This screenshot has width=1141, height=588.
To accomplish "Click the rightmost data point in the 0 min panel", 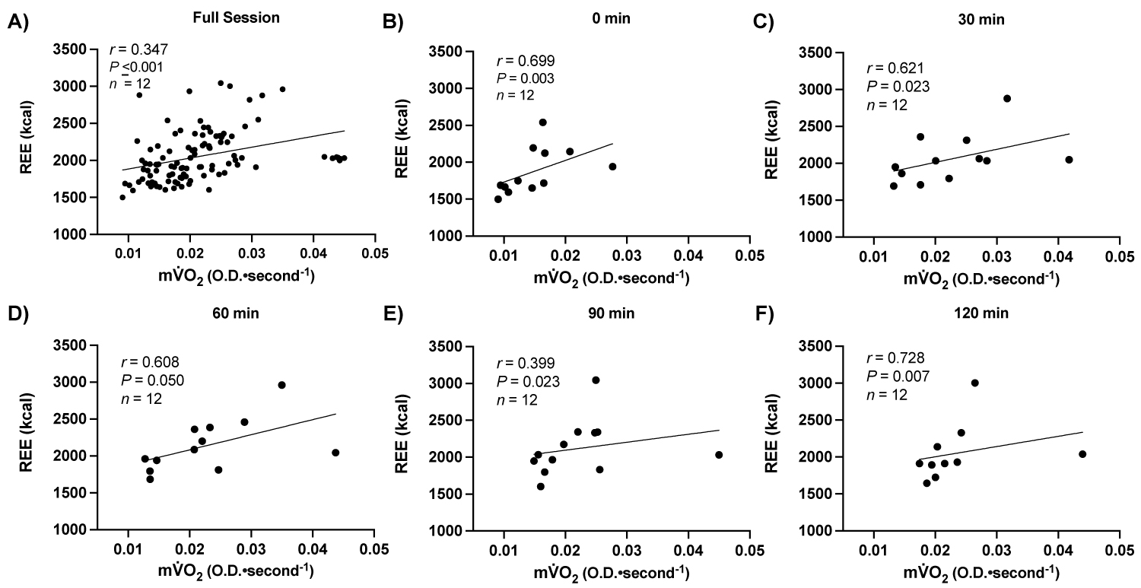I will (x=612, y=167).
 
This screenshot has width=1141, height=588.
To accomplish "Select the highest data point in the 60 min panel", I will (x=281, y=385).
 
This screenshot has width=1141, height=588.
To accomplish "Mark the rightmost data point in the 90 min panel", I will (x=719, y=455).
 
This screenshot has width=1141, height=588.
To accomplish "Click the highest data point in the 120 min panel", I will (x=974, y=383).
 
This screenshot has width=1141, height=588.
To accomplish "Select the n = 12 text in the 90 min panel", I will (x=517, y=398).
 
